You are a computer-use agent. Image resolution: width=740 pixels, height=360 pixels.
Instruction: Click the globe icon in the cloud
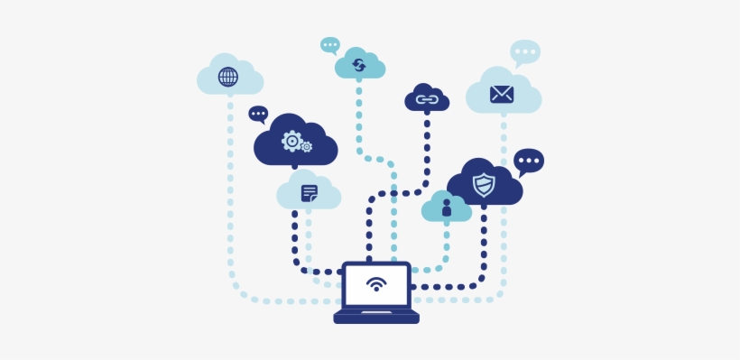[x=228, y=77]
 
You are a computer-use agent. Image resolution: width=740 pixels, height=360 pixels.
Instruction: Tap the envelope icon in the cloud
[x=502, y=94]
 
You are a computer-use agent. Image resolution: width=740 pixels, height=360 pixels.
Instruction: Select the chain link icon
[x=426, y=98]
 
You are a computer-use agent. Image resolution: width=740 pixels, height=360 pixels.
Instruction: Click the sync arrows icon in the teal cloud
[x=359, y=64]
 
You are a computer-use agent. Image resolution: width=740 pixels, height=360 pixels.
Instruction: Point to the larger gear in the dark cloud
[x=291, y=140]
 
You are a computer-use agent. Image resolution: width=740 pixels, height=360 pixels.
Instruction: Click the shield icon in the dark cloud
[x=484, y=185]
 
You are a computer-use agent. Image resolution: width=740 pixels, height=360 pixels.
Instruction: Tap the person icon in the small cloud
[x=446, y=208]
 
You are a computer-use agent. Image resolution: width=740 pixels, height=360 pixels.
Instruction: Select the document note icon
[x=310, y=193]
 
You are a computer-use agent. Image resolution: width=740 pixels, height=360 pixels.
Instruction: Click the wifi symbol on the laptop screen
[x=376, y=284]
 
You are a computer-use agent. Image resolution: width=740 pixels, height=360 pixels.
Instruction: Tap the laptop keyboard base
[x=376, y=317]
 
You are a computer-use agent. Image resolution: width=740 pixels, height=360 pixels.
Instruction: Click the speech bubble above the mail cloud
[x=524, y=52]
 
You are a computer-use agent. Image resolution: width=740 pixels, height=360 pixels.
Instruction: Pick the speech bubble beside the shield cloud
[x=528, y=162]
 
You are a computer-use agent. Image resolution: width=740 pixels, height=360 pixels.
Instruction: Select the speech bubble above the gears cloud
[x=258, y=114]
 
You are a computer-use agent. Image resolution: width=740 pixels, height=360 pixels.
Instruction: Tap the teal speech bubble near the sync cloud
[x=330, y=44]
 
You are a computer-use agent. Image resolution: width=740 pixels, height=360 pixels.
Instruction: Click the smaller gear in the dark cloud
[x=307, y=146]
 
